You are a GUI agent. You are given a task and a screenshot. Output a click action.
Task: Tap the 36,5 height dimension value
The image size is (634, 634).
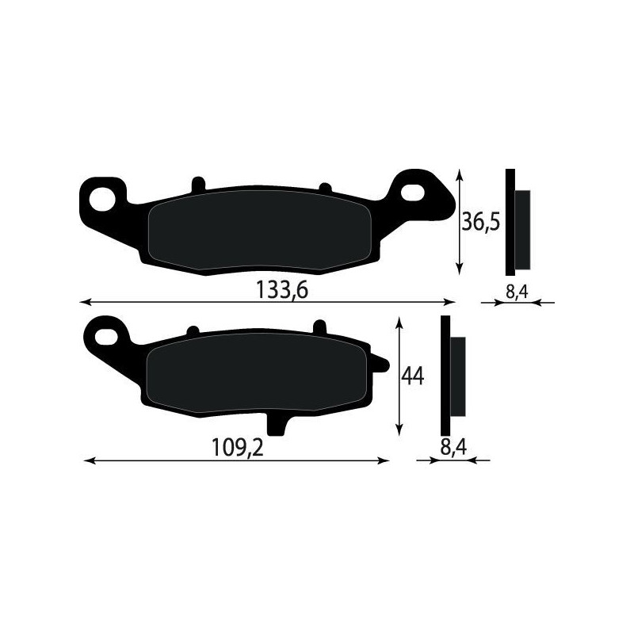point(480,222)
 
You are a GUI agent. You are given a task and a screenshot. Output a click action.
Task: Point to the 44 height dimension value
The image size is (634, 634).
point(413,376)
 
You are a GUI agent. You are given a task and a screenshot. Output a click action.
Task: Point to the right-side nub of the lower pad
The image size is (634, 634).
point(381,365)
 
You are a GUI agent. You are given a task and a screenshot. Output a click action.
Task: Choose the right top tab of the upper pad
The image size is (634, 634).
point(323,187)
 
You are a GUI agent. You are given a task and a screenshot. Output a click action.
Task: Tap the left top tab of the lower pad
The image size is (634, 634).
point(191,329)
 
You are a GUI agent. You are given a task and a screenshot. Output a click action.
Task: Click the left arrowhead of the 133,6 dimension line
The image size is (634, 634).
point(86,302)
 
